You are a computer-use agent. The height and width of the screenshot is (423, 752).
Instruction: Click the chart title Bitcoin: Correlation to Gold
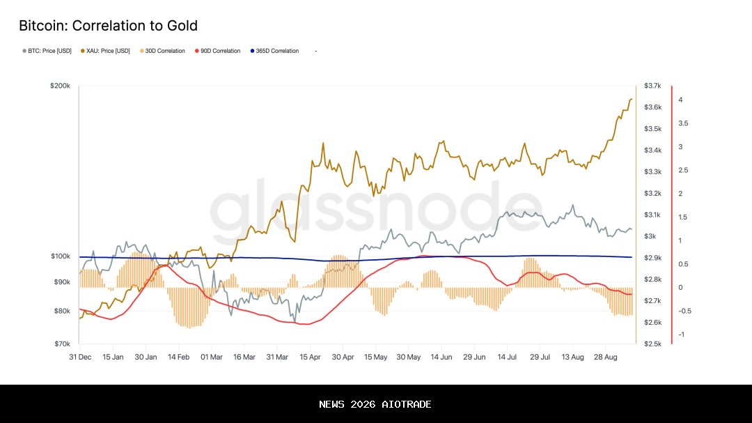click(108, 26)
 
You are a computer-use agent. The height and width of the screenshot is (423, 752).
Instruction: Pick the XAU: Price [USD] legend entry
click(105, 51)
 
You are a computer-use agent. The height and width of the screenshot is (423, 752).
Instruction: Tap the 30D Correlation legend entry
click(164, 51)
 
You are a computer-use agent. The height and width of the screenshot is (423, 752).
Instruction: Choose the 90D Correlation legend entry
click(219, 51)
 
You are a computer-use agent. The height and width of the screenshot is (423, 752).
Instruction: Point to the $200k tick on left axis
click(60, 86)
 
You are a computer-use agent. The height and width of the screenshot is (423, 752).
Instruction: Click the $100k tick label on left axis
click(60, 256)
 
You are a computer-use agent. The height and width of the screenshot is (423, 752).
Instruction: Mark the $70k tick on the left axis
click(61, 344)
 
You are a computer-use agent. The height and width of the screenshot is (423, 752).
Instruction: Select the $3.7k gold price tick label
click(652, 86)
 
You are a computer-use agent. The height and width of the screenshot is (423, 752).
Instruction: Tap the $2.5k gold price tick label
click(652, 344)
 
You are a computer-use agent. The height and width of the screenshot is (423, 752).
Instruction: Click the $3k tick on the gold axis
click(650, 236)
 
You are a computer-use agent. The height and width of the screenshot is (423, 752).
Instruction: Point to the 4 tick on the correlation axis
click(680, 100)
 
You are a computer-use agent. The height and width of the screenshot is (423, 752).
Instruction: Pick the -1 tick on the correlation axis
click(681, 334)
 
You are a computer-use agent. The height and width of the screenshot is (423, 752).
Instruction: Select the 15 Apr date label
click(310, 356)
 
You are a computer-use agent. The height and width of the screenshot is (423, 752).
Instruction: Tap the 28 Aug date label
click(606, 356)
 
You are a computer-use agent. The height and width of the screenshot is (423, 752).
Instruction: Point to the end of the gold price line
click(631, 99)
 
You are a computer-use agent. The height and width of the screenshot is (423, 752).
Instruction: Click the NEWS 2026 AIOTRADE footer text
click(375, 404)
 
